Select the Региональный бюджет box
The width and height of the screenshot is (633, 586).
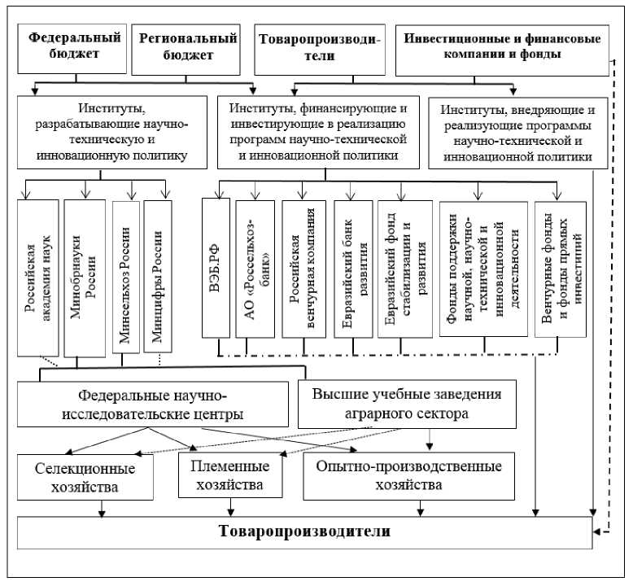pos(189,46)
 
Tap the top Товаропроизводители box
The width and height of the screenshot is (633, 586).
pos(316,46)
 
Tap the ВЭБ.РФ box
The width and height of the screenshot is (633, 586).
pos(217,267)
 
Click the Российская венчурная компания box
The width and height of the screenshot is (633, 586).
pos(303,267)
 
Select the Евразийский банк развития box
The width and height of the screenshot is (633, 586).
pos(351,267)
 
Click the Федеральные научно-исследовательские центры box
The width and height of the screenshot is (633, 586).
pos(153,404)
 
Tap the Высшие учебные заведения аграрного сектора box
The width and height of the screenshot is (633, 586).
pos(406,403)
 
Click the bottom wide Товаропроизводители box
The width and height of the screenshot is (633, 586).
pos(305,532)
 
